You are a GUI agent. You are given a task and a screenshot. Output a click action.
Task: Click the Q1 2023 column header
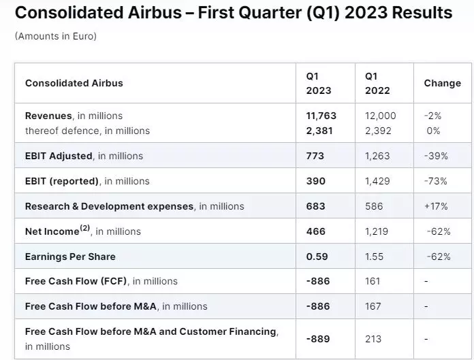tap(318, 83)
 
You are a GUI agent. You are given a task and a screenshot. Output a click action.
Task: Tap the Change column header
tap(442, 83)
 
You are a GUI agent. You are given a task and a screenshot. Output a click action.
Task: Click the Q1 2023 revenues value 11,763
tap(321, 116)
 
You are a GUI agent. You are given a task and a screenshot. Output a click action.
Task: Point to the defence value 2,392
tap(379, 131)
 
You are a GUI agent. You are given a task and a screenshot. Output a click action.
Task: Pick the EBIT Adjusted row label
tap(59, 156)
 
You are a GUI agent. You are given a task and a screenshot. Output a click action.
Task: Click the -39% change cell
tap(435, 156)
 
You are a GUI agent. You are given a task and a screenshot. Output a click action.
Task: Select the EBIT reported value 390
tap(316, 181)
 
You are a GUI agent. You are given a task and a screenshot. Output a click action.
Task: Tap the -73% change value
tap(435, 181)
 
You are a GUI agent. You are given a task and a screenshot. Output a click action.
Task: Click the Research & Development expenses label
tap(109, 206)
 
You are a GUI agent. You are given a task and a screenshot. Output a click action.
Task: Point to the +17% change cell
tap(435, 206)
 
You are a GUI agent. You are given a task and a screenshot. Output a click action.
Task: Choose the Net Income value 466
tap(316, 231)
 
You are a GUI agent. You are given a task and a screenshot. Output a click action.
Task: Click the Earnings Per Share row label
tap(70, 257)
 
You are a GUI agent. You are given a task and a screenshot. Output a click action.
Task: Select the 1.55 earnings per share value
tap(374, 257)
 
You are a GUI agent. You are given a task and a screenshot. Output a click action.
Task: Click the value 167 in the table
tap(373, 306)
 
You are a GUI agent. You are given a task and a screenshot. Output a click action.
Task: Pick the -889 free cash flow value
tap(319, 339)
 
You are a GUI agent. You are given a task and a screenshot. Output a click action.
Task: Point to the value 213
tap(373, 339)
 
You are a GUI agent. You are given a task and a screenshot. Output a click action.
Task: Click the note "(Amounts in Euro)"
tap(55, 36)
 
